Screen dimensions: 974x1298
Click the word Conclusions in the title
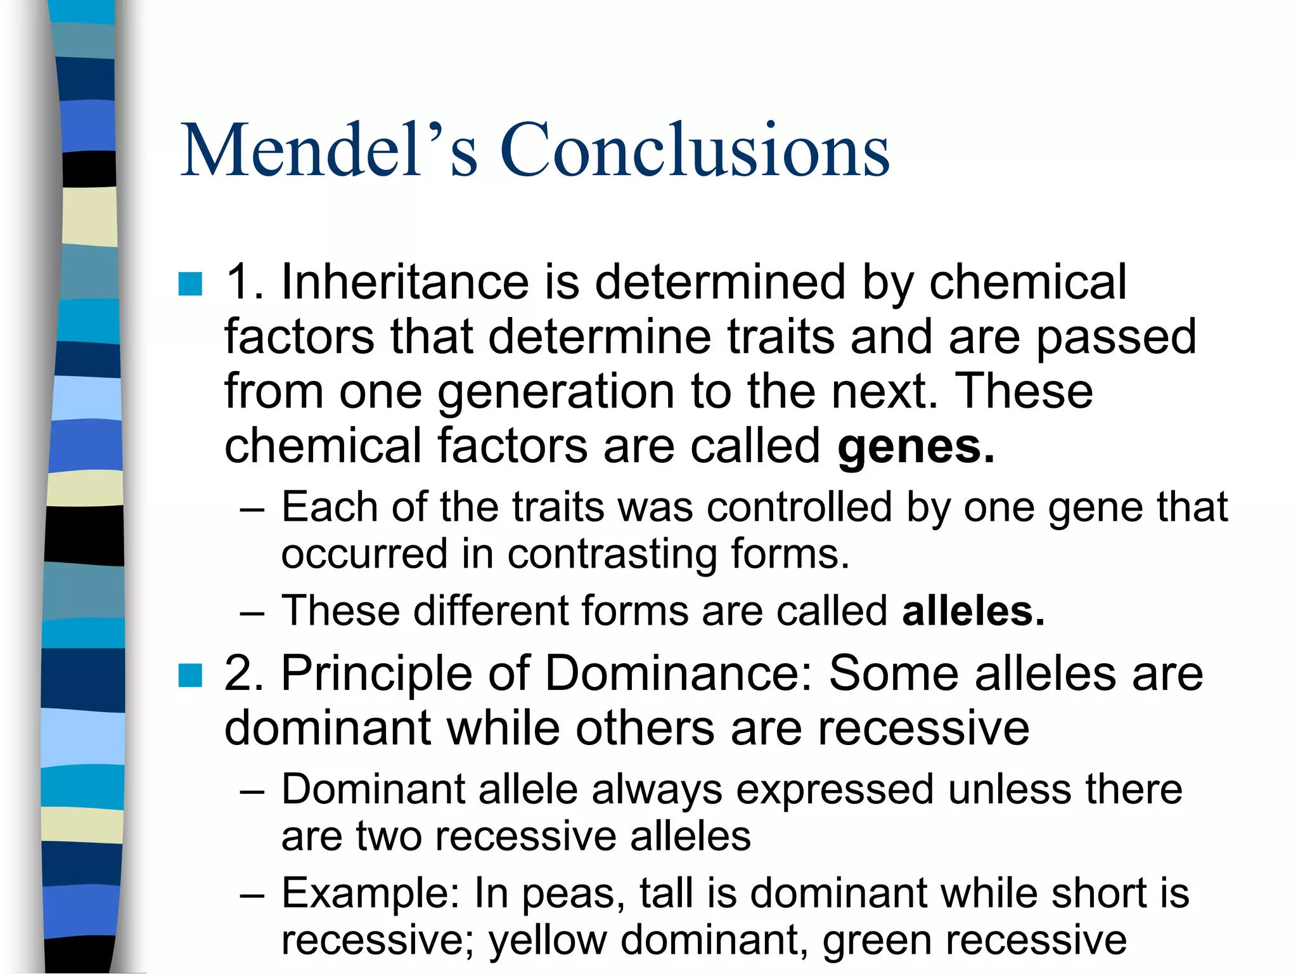(695, 150)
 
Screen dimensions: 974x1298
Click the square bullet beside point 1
(190, 284)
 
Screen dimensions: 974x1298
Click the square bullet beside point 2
(190, 675)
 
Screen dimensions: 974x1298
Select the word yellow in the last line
(548, 940)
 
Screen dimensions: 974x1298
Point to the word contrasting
(612, 554)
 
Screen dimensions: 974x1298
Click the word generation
(556, 393)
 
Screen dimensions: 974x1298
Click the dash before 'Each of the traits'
(252, 509)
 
